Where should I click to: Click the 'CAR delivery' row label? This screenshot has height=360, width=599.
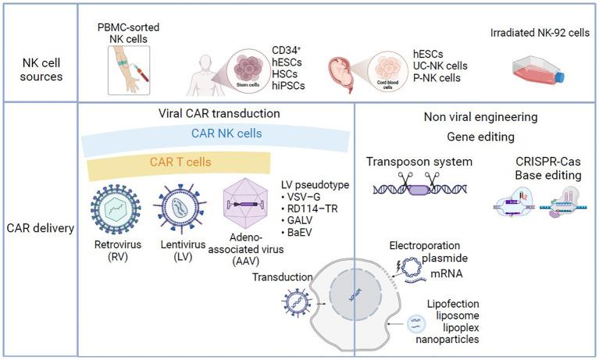point(38,229)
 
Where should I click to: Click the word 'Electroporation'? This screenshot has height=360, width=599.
point(426,246)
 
